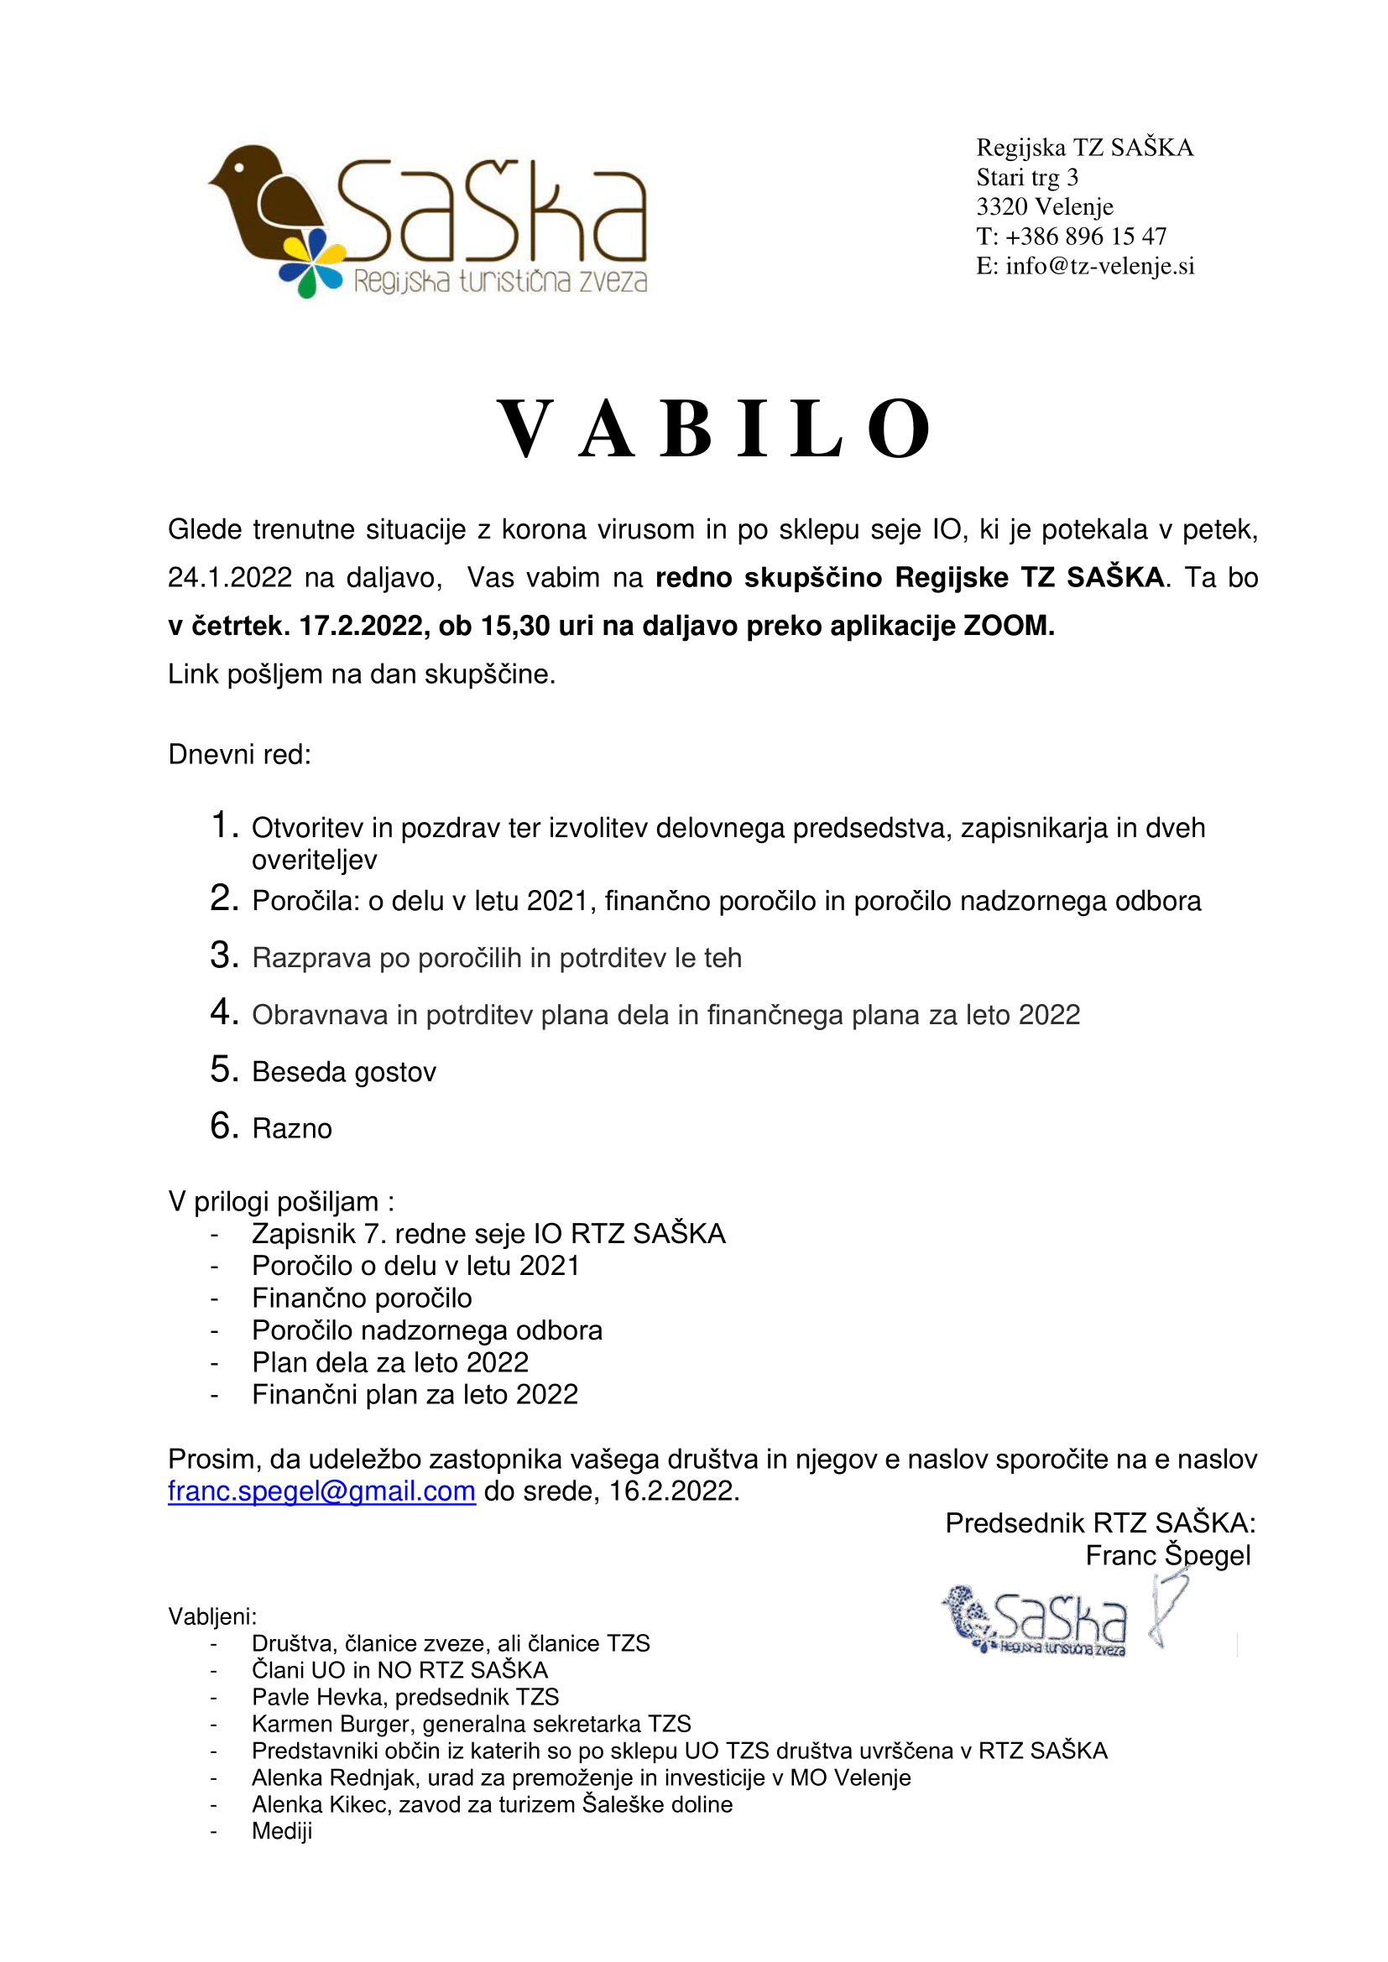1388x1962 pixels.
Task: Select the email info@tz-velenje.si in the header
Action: (1099, 266)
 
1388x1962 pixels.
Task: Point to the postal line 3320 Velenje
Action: (1045, 207)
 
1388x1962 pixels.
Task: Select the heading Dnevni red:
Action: (239, 755)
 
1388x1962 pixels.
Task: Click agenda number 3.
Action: (224, 955)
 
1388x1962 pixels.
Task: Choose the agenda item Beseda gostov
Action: (343, 1071)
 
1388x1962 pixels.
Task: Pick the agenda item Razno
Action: (291, 1129)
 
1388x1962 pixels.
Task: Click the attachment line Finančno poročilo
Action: (362, 1298)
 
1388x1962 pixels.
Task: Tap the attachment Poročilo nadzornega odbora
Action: (426, 1330)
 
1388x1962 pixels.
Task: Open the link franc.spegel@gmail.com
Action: (321, 1491)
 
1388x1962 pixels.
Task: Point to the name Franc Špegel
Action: (1167, 1555)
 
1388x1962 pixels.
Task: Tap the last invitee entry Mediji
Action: (282, 1831)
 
